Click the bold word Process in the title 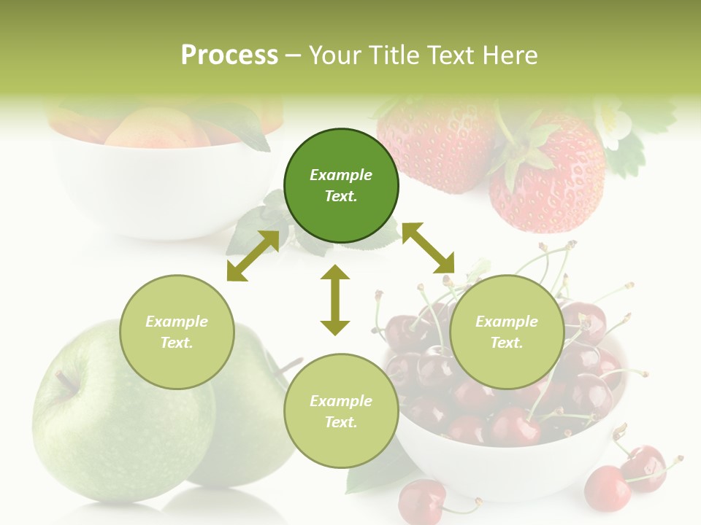coord(229,55)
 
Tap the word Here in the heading coord(509,55)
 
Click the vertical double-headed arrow coord(335,300)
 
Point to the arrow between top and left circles coord(253,256)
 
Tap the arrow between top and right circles coord(428,248)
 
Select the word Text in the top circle coord(341,196)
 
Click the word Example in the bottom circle coord(341,400)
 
